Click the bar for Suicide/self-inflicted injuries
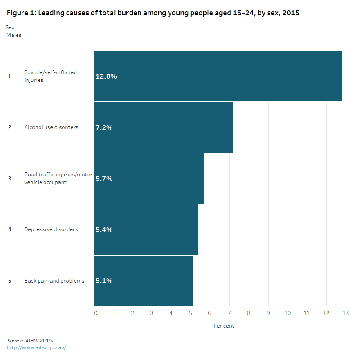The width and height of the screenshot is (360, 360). pyautogui.click(x=217, y=76)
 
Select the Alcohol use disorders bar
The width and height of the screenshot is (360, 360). pyautogui.click(x=163, y=127)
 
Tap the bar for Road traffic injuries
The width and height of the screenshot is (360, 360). pyautogui.click(x=149, y=179)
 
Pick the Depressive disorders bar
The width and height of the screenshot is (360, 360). pyautogui.click(x=146, y=229)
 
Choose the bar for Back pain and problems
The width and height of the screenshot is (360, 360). pyautogui.click(x=143, y=281)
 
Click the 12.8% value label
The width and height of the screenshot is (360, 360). pyautogui.click(x=106, y=76)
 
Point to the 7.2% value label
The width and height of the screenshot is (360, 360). pyautogui.click(x=104, y=128)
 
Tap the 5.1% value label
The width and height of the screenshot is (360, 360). pyautogui.click(x=104, y=281)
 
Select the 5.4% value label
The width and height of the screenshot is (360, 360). pyautogui.click(x=104, y=230)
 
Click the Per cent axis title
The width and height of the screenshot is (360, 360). pyautogui.click(x=224, y=325)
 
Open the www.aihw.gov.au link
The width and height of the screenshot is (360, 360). pyautogui.click(x=36, y=347)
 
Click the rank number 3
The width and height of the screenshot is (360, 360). pyautogui.click(x=9, y=179)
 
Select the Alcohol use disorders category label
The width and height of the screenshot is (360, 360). pyautogui.click(x=51, y=127)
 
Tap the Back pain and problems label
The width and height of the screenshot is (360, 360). pyautogui.click(x=54, y=281)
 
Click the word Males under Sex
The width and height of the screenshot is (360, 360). pyautogui.click(x=14, y=35)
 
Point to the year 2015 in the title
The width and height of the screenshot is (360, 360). pyautogui.click(x=290, y=13)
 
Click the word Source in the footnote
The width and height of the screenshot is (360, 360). pyautogui.click(x=15, y=341)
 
